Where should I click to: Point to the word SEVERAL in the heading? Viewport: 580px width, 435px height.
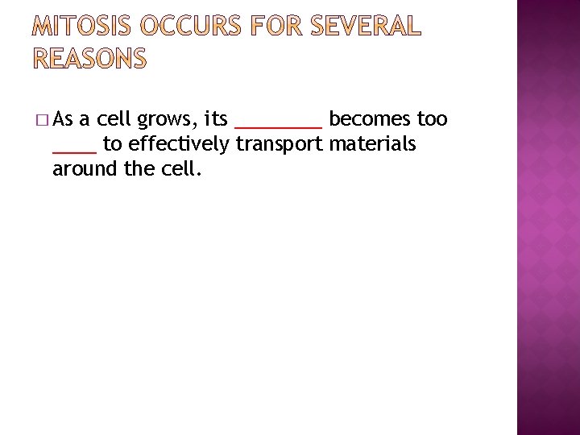[x=367, y=27]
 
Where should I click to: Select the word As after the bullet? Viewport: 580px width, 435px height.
[x=64, y=120]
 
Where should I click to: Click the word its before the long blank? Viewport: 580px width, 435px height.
[x=215, y=120]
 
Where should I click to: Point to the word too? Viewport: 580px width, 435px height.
[x=432, y=120]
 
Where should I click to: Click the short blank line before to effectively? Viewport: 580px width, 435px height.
[x=74, y=151]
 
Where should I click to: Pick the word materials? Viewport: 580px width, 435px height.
[x=373, y=144]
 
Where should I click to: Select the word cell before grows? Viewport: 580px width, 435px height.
[x=114, y=120]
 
